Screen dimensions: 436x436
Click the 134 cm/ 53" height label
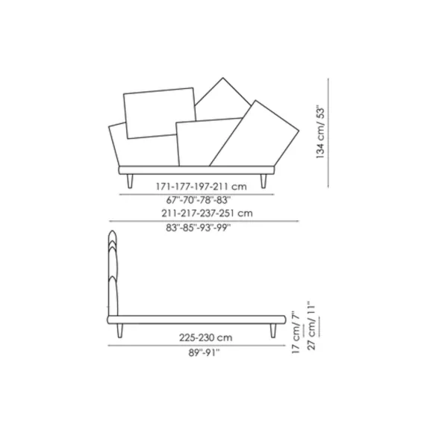pyautogui.click(x=320, y=132)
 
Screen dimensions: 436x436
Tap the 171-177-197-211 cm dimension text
pyautogui.click(x=202, y=187)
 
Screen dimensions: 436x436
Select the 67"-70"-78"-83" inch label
pyautogui.click(x=199, y=200)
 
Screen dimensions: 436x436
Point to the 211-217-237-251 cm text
pyautogui.click(x=207, y=214)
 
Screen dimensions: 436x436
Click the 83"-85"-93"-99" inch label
pyautogui.click(x=199, y=228)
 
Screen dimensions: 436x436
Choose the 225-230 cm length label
pyautogui.click(x=205, y=337)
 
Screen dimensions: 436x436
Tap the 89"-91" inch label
pyautogui.click(x=204, y=352)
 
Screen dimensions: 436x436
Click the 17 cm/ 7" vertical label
pyautogui.click(x=296, y=332)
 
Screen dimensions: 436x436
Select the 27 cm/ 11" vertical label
pyautogui.click(x=311, y=326)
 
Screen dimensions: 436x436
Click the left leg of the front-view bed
pyautogui.click(x=130, y=181)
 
